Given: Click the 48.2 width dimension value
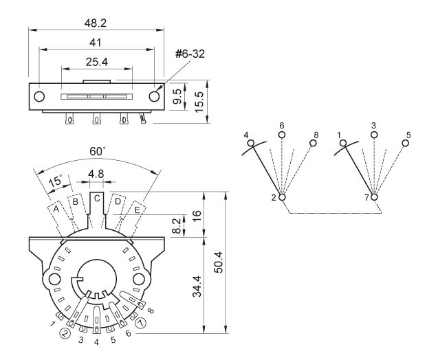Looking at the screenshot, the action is point(96,23).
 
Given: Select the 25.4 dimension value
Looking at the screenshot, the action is point(97,62).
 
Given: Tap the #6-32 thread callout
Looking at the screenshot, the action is point(190,54).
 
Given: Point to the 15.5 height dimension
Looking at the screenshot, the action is point(199,102).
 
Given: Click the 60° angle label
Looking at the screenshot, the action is point(97,151).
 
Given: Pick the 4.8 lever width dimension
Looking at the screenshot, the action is point(96,174).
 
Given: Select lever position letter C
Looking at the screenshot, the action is point(97,199).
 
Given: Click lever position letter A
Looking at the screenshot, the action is point(56,209).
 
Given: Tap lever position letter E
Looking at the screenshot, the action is point(138,210).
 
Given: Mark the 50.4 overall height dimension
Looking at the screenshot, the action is point(219,262).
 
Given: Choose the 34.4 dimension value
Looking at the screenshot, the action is point(197,286).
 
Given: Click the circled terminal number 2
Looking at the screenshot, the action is point(65,333).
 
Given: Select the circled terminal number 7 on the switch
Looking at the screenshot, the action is point(141,323).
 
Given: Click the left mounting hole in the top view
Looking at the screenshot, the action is point(39,96).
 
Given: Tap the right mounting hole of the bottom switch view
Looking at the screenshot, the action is point(139,279).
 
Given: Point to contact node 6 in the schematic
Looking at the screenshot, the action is point(282,135).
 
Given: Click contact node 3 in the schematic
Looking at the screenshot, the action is point(374,135).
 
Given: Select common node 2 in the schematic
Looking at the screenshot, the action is point(282,196).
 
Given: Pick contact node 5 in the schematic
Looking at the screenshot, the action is point(406,143).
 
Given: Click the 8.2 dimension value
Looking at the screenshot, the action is point(177,226).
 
